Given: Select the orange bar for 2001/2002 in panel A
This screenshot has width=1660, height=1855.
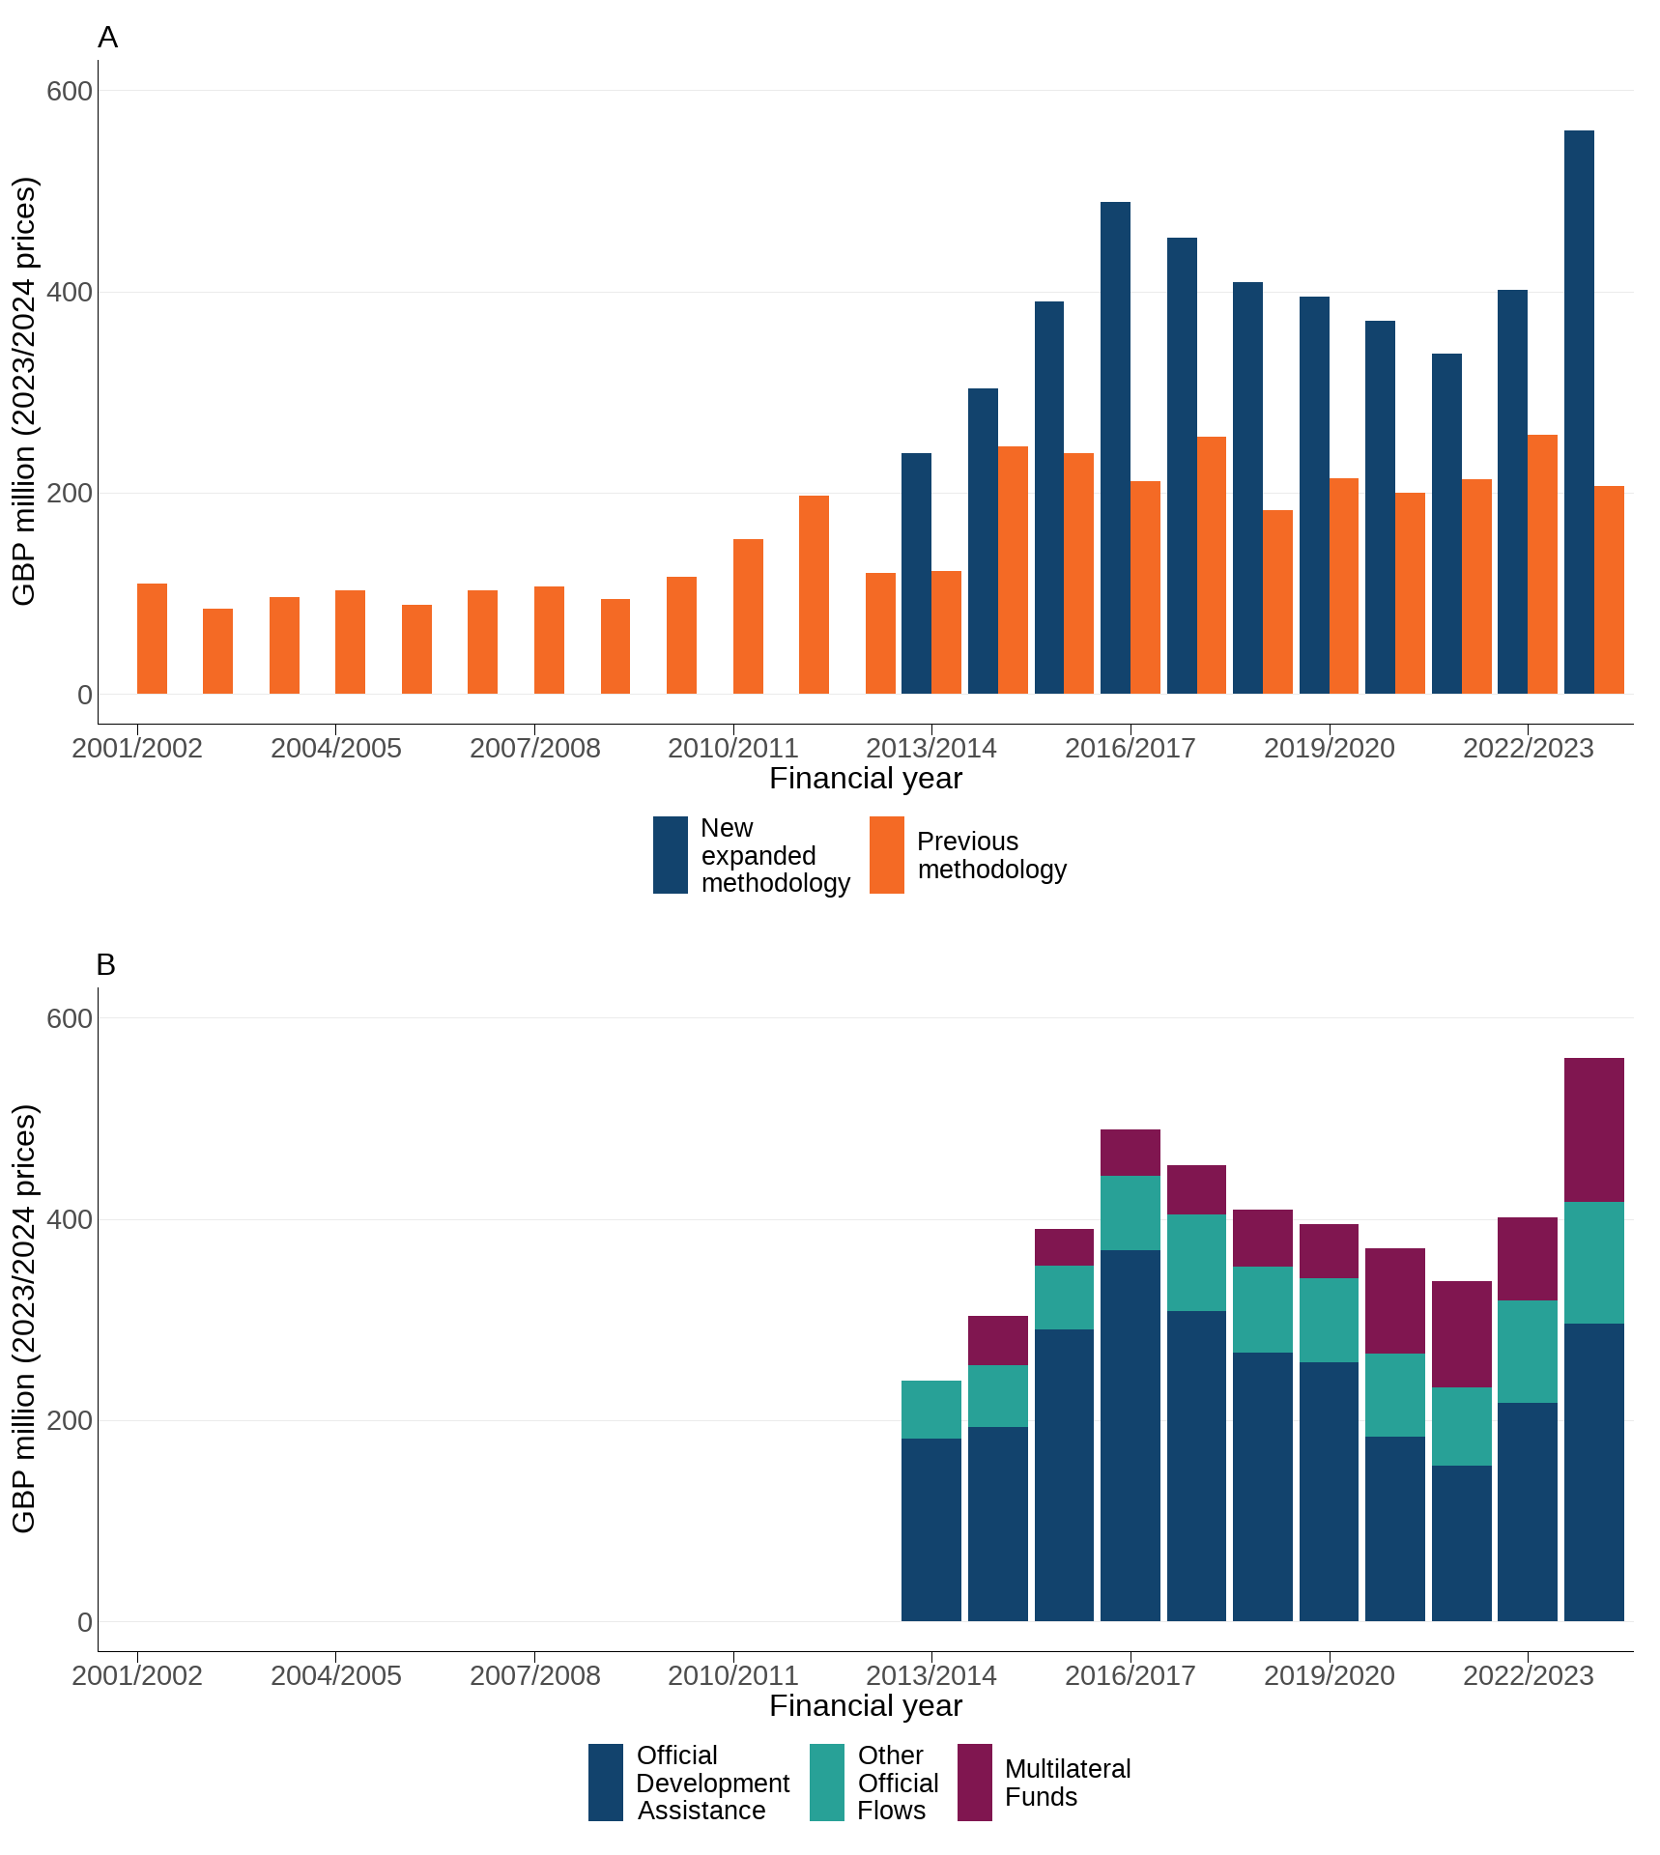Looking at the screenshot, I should click(152, 639).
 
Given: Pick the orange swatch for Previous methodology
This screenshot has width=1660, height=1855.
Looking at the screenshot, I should click(886, 855).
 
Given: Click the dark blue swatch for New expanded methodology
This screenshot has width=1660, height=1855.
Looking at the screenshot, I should click(670, 855).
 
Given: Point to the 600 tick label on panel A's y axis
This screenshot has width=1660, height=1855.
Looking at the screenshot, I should click(70, 91).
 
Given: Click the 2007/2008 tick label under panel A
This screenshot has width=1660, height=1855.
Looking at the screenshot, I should click(534, 748).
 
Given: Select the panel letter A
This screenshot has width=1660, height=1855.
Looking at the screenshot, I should click(107, 38).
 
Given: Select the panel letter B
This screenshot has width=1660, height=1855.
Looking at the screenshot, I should click(106, 965).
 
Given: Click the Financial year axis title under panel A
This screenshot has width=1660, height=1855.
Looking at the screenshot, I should click(865, 779).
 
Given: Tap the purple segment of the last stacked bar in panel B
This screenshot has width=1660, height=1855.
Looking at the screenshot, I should click(1593, 1129).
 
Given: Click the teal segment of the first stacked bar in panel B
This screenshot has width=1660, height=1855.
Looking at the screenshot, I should click(930, 1410).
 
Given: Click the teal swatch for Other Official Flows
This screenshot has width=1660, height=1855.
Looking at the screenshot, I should click(826, 1783).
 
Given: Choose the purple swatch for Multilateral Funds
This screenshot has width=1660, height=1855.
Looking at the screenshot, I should click(974, 1783).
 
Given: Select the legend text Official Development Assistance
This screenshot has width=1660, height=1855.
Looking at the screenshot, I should click(712, 1783).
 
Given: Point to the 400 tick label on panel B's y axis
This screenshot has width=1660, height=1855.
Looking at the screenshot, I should click(70, 1219).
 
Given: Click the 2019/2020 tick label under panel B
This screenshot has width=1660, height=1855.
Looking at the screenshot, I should click(1329, 1675).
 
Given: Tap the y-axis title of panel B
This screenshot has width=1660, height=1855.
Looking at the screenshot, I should click(23, 1319).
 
